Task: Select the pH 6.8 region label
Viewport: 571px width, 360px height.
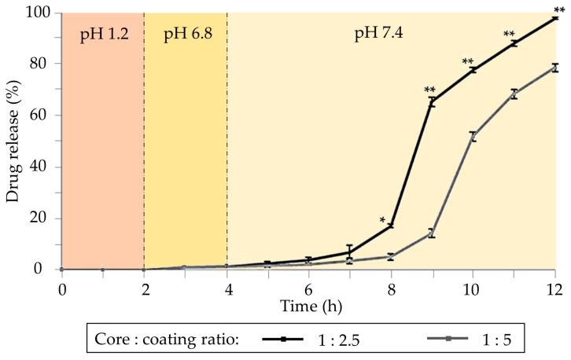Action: (185, 36)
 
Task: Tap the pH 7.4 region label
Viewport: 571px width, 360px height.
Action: (382, 36)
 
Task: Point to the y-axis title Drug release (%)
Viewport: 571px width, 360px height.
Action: (13, 141)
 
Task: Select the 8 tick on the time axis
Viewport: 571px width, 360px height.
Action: (391, 288)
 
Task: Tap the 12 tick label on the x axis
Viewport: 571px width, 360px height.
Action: (555, 288)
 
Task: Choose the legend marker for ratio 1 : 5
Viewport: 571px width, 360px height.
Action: (448, 339)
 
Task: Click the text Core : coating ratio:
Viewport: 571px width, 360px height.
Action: (165, 340)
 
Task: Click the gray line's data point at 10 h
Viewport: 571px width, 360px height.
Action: (473, 136)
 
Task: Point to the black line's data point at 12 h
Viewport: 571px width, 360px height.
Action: (555, 17)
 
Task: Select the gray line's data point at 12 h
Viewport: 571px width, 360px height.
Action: (555, 68)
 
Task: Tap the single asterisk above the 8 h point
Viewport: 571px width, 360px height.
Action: (382, 221)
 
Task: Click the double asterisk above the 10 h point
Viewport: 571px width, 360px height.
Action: (468, 63)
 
